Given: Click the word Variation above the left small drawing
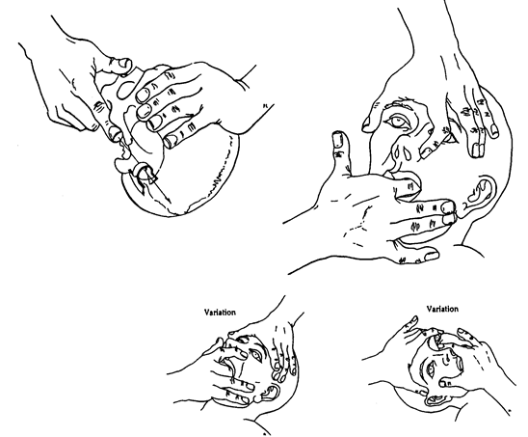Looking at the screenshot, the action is [221, 313].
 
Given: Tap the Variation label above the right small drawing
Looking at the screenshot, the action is [442, 309].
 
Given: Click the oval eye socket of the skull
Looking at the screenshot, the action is [126, 89].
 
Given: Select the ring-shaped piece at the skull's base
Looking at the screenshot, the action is [141, 170].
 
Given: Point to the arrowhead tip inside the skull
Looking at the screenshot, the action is [170, 204].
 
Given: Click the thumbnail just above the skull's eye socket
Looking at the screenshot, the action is [123, 63].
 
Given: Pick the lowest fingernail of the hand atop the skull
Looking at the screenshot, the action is [171, 140].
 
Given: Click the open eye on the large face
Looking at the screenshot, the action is [398, 121].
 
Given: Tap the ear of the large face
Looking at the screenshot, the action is [482, 195].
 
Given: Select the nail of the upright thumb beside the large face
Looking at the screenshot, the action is [337, 140].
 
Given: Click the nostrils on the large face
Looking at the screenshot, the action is [404, 152].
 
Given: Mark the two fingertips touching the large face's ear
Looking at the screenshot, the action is [449, 212].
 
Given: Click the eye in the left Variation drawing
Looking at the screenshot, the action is [256, 355].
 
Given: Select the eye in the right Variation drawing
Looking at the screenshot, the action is [432, 369].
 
